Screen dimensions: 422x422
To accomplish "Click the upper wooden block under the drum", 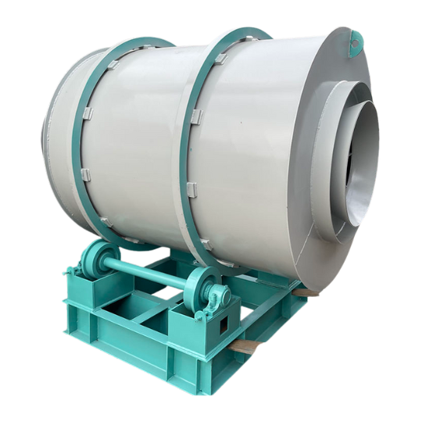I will click(307, 291).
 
